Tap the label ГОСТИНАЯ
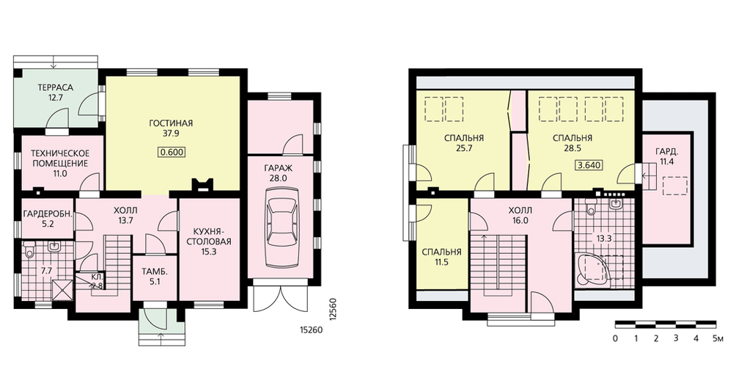click(x=171, y=123)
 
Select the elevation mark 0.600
click(x=172, y=152)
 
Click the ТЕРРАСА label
click(x=56, y=87)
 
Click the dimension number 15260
click(x=311, y=330)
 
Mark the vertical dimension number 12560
click(x=332, y=309)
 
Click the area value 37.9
click(x=171, y=134)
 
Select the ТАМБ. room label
click(x=155, y=272)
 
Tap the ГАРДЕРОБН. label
click(x=48, y=214)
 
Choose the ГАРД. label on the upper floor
click(x=666, y=152)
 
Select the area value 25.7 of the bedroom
click(x=463, y=149)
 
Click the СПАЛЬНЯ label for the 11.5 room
click(x=441, y=252)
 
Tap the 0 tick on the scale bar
click(x=615, y=338)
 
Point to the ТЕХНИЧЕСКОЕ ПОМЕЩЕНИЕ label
click(x=59, y=159)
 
